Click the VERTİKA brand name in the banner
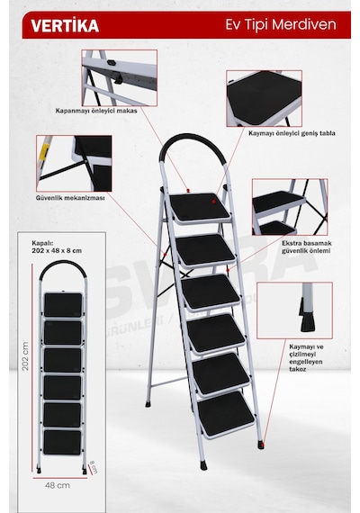[x=65, y=25]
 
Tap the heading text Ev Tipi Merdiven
[x=281, y=25]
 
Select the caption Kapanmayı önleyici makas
[x=96, y=111]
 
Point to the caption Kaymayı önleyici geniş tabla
[x=292, y=133]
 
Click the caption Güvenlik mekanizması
[x=70, y=198]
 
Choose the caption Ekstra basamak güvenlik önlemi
[x=307, y=247]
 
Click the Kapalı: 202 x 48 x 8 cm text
[x=57, y=247]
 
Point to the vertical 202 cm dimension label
[x=25, y=356]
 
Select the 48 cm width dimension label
[x=58, y=485]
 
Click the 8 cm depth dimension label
[x=94, y=467]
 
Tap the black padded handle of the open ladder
[x=192, y=141]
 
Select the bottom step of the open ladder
[x=226, y=415]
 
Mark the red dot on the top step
[x=213, y=202]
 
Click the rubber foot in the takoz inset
[x=307, y=324]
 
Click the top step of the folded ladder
[x=63, y=305]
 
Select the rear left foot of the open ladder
[x=148, y=404]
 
